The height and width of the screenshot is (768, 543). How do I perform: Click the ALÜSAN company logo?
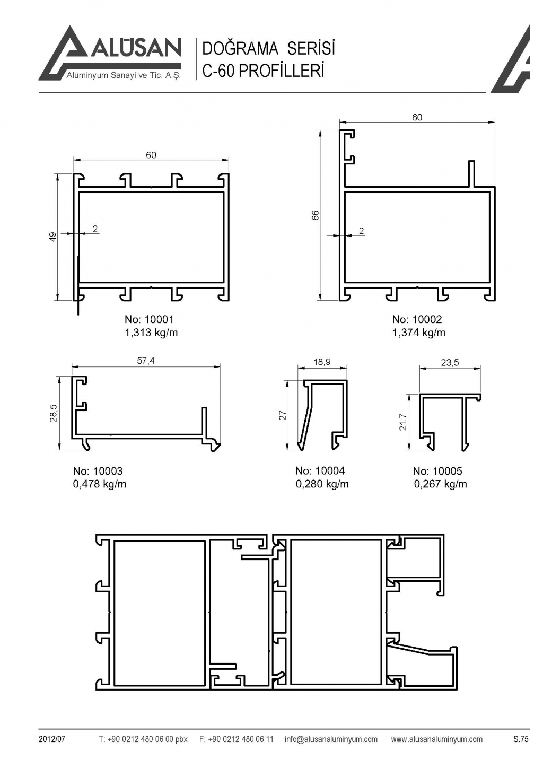(x=110, y=54)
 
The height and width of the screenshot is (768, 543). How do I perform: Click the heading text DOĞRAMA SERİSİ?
(x=269, y=49)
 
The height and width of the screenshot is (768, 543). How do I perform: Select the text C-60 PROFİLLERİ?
(x=263, y=71)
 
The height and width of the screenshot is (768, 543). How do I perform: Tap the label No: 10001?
(x=149, y=319)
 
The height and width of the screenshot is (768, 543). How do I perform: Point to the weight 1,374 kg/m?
(x=419, y=333)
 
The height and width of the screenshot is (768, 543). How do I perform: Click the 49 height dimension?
(x=52, y=237)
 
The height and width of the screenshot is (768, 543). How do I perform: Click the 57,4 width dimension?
(x=146, y=361)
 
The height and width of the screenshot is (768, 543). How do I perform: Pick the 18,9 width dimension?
(x=322, y=362)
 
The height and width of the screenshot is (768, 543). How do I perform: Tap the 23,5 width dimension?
(x=450, y=363)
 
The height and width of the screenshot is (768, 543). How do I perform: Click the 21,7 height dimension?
(x=404, y=422)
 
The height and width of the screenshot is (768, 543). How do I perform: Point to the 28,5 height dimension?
(x=53, y=413)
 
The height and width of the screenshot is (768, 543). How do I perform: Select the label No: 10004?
(x=320, y=470)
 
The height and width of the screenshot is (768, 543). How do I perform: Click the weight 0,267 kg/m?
(x=441, y=484)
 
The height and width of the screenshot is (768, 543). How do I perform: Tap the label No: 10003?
(x=98, y=471)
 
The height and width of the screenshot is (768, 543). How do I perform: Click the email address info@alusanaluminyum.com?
(x=331, y=739)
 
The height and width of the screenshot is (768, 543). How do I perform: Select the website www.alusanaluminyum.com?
(x=436, y=739)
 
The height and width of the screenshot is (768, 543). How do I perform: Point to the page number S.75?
(x=521, y=739)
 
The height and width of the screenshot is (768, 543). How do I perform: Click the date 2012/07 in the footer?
(x=51, y=739)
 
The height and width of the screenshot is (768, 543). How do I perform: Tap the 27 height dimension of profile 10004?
(x=283, y=415)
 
